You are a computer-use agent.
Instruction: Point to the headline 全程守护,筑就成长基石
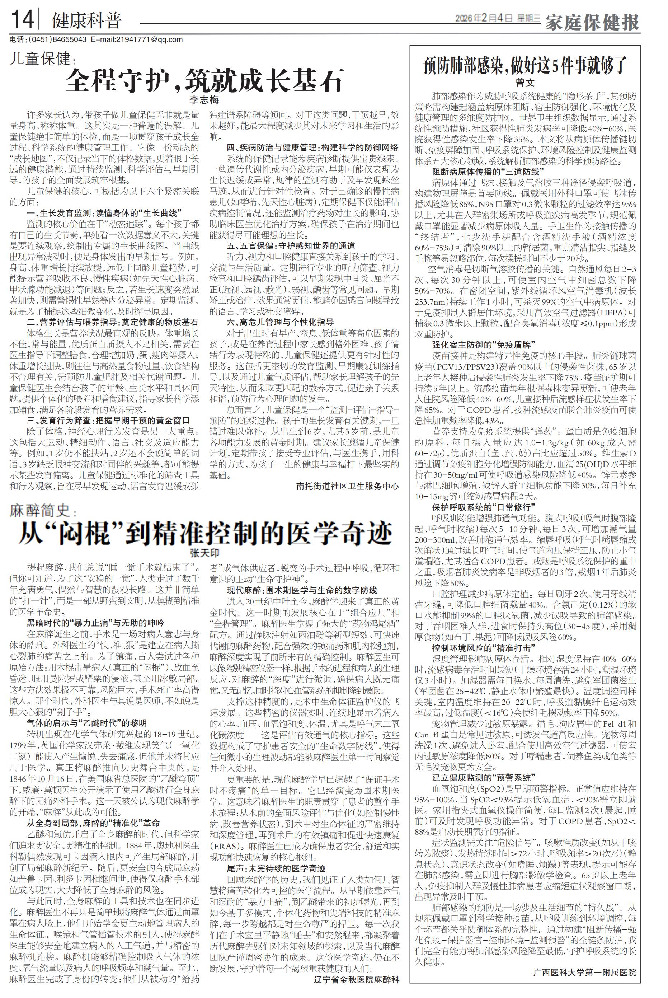[204, 80]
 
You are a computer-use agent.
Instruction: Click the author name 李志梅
[204, 100]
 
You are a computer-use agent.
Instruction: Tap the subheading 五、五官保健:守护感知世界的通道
[291, 246]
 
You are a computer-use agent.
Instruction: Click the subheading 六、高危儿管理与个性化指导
[280, 322]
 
